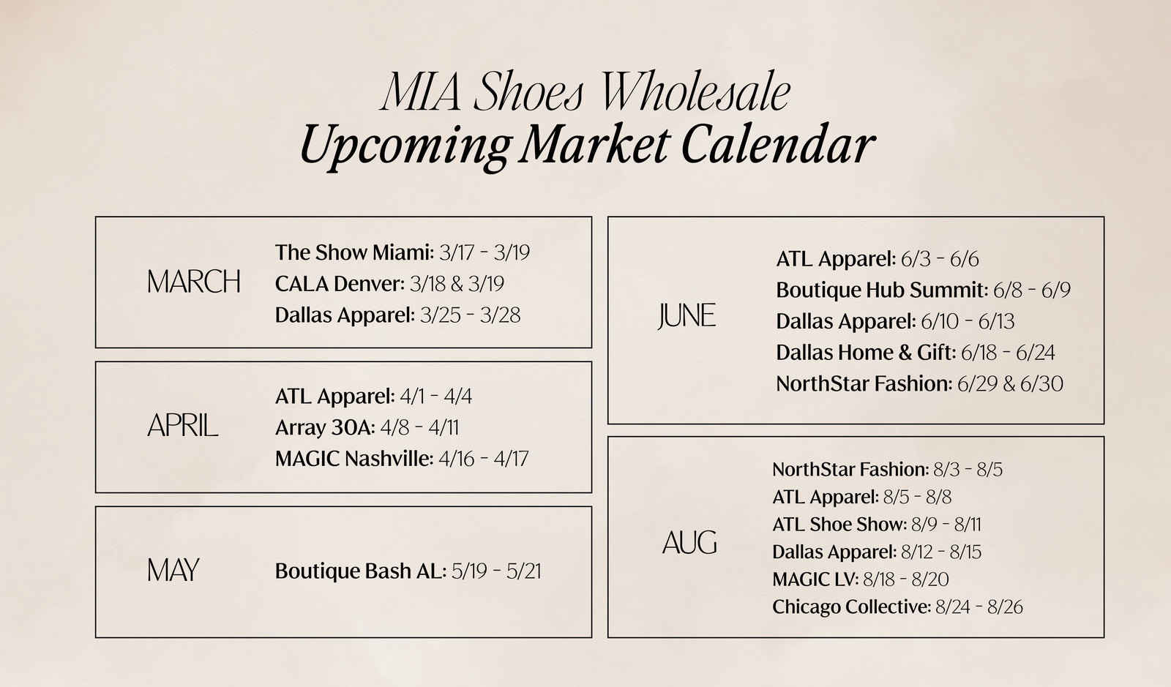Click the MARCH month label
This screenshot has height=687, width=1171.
[x=194, y=282]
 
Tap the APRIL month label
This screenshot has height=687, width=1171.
[x=182, y=425]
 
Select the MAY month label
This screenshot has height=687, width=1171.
[x=173, y=569]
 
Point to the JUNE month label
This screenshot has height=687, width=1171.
[x=687, y=316]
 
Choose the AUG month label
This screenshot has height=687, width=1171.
[x=689, y=542]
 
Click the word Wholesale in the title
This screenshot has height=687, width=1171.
[x=695, y=92]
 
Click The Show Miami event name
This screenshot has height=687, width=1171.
[x=354, y=252]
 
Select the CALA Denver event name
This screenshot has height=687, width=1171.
[x=340, y=284]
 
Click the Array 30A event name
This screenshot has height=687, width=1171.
[x=325, y=427]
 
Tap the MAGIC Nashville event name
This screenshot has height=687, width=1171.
[x=354, y=459]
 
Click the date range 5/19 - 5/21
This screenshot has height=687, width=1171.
[x=496, y=571]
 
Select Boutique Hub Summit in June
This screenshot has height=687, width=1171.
[x=882, y=290]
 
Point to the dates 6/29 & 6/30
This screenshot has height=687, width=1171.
[x=1010, y=384]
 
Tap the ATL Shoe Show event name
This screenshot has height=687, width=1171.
[x=839, y=524]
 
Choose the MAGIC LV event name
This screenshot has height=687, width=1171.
[x=815, y=579]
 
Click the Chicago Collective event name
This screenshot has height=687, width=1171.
[x=852, y=607]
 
